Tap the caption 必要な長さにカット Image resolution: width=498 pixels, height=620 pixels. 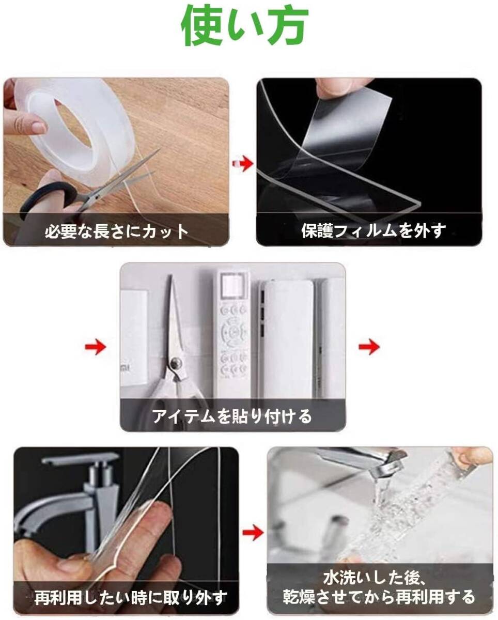(x=117, y=231)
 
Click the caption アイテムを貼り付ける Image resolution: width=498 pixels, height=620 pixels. (x=232, y=416)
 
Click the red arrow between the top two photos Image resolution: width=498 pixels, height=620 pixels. (x=242, y=164)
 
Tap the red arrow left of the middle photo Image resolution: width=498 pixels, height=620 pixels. (x=96, y=347)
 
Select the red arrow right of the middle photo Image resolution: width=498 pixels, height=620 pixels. (x=369, y=347)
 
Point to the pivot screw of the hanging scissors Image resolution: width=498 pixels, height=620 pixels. (x=175, y=363)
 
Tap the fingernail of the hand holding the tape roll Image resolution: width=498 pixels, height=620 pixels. (x=39, y=127)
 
